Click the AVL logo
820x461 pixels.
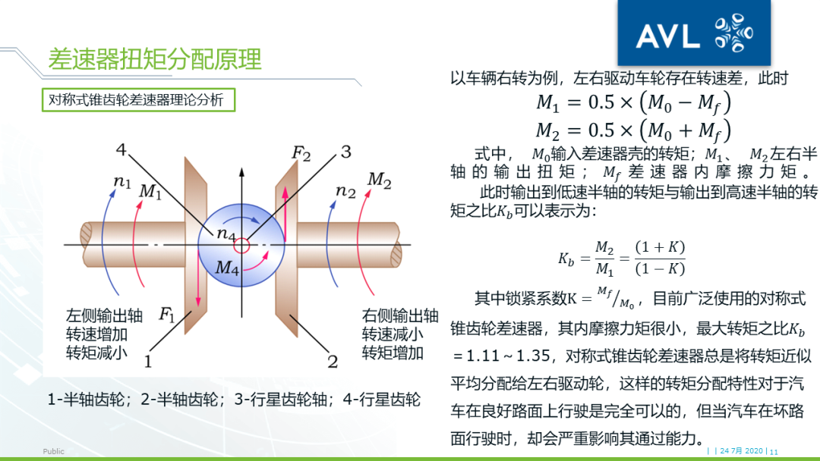coord(695,33)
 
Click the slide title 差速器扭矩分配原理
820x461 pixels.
coord(154,59)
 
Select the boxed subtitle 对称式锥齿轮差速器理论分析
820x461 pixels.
coord(136,99)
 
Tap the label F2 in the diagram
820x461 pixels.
coord(301,154)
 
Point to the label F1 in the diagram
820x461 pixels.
coord(166,314)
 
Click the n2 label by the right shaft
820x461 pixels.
coord(345,191)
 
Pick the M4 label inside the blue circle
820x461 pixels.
coord(227,267)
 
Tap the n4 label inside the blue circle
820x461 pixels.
coord(225,234)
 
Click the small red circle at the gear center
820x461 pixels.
coord(241,245)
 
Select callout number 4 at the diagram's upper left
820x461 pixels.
coord(121,147)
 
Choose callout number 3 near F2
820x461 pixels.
coord(345,152)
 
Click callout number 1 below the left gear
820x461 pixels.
coord(148,361)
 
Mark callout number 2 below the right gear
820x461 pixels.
coord(333,361)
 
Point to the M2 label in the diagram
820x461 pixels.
coord(379,180)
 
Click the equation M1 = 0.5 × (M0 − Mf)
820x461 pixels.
coord(633,102)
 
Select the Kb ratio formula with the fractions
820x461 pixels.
coord(621,259)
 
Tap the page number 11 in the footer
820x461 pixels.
coord(774,452)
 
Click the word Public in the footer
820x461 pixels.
coord(54,451)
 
